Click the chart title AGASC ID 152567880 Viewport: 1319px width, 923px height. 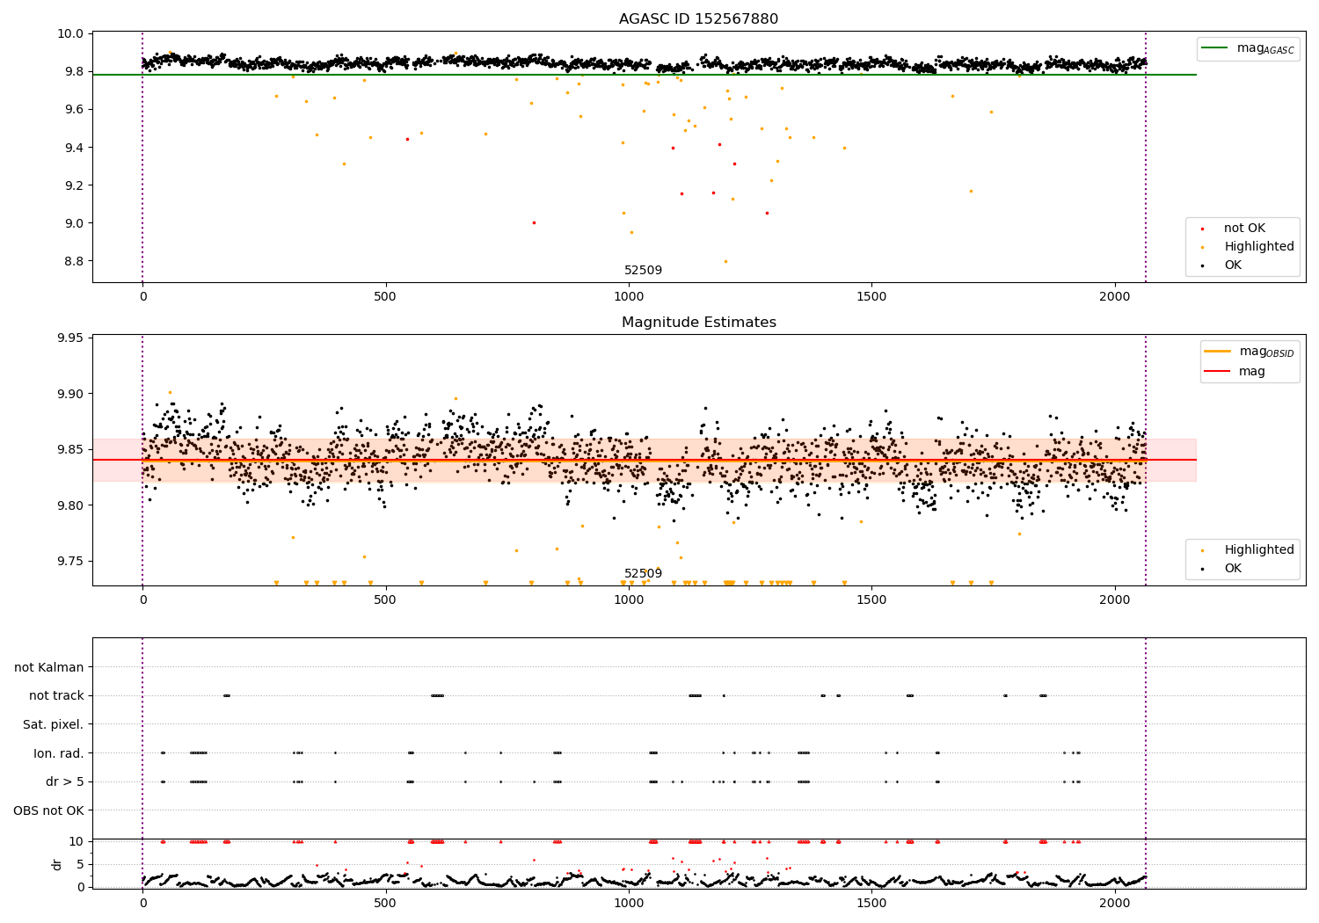(698, 19)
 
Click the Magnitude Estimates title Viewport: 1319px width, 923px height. (698, 323)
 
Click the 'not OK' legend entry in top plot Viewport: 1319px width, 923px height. (1243, 229)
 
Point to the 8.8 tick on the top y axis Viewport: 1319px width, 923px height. (72, 261)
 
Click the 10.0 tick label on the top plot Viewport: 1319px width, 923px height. (69, 34)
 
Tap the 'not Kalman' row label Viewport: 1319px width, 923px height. (49, 667)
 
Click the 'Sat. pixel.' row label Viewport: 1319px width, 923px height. (53, 724)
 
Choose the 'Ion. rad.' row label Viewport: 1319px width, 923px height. (58, 753)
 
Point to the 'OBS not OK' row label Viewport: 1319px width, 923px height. (48, 810)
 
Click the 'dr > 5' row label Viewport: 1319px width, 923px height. (64, 781)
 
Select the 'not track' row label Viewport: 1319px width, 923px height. (56, 695)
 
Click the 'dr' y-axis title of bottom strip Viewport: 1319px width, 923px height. (57, 864)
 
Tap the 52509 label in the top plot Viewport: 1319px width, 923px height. (643, 270)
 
